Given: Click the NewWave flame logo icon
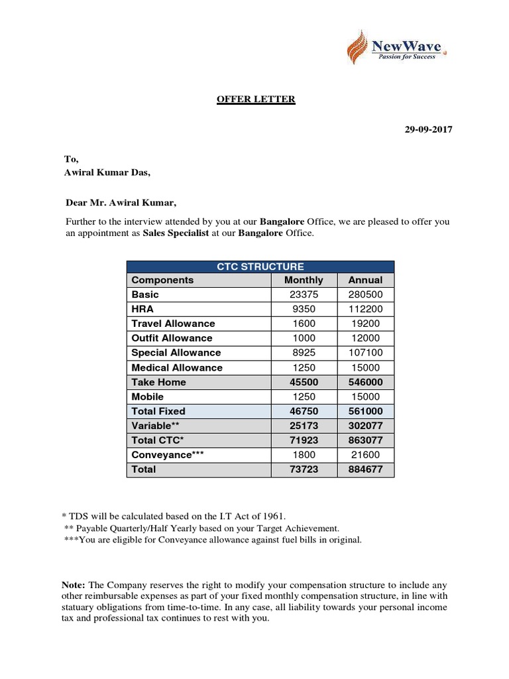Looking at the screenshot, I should click(x=358, y=49).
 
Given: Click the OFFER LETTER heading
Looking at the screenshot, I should click(x=256, y=99).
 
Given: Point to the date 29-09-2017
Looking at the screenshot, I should click(x=428, y=130).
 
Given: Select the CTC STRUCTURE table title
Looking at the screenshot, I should click(x=260, y=266).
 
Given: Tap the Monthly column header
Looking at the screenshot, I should click(x=304, y=280).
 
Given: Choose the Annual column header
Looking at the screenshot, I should click(x=365, y=280).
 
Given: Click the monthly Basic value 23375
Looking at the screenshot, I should click(x=304, y=294).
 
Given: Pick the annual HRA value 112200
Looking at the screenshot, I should click(x=365, y=309).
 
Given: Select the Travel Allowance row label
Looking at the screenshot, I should click(x=173, y=324).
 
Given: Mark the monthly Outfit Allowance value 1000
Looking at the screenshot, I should click(x=304, y=338).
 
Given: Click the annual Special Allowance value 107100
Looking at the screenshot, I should click(x=365, y=353).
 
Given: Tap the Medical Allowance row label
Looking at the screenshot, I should click(x=177, y=367).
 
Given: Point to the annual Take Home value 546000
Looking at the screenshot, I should click(x=365, y=382).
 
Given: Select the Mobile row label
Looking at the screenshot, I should click(x=147, y=397).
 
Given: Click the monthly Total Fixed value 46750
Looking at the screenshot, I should click(x=304, y=411).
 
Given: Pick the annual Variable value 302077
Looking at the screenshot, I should click(x=365, y=426).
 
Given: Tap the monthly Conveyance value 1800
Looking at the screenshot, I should click(x=304, y=455).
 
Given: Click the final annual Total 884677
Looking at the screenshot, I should click(x=365, y=469).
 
